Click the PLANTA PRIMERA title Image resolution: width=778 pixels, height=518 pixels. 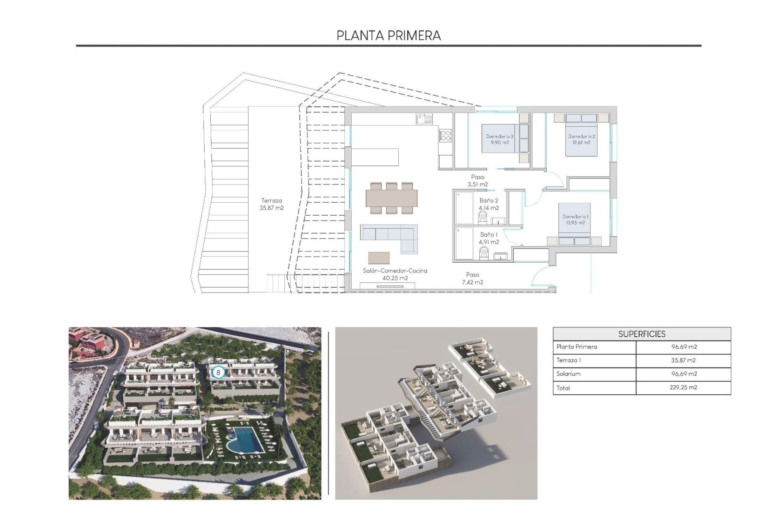(389, 36)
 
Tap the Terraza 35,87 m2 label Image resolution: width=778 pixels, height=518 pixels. (271, 204)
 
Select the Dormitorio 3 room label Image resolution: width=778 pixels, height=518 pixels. (500, 139)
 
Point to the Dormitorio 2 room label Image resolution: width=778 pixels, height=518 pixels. (581, 139)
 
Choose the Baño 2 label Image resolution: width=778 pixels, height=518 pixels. (489, 204)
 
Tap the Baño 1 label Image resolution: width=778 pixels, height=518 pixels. (489, 238)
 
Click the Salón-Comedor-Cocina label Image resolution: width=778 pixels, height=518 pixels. (395, 274)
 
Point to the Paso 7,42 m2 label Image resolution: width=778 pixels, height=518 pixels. (472, 278)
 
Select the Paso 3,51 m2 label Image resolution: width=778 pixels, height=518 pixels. (478, 180)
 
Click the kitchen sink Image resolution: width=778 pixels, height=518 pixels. (424, 119)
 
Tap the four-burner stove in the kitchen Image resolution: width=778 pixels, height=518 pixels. (445, 135)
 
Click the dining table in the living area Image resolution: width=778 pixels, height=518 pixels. (391, 198)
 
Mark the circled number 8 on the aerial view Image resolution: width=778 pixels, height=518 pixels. (218, 372)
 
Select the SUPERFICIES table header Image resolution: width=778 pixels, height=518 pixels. (641, 334)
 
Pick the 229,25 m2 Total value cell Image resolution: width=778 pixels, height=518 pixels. (684, 387)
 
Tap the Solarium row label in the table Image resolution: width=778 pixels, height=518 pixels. (569, 374)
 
